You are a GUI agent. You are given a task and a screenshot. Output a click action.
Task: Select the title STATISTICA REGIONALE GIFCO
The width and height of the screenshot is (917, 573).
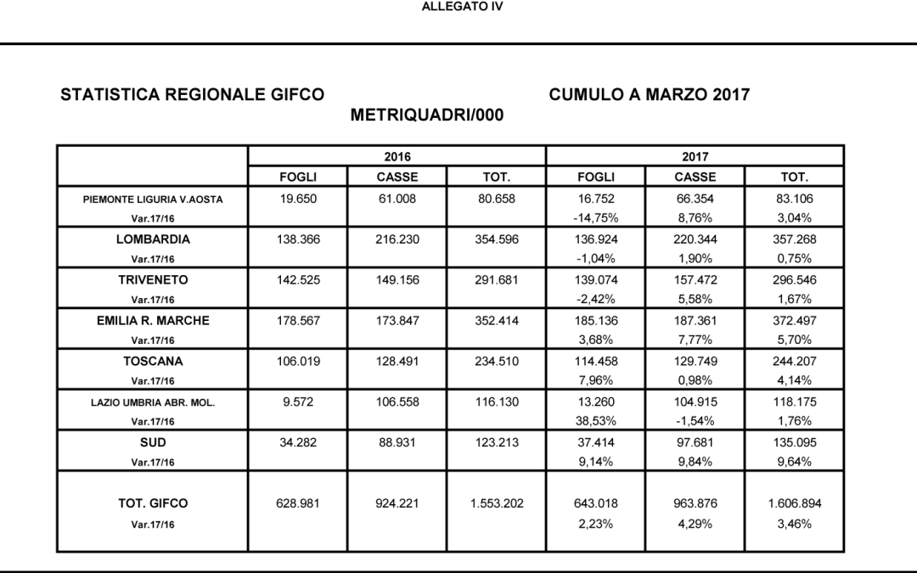(x=192, y=95)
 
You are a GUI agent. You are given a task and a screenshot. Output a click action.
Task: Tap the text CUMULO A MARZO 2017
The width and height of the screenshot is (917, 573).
(x=650, y=95)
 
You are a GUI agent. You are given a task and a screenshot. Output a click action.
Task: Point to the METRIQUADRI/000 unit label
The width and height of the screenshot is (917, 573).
(x=427, y=115)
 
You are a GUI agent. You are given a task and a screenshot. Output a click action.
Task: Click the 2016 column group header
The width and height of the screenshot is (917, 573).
(x=397, y=157)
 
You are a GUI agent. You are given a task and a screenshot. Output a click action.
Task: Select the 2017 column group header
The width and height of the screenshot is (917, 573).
(x=695, y=157)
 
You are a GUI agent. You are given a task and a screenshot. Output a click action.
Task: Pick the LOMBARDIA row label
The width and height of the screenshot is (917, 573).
(x=153, y=239)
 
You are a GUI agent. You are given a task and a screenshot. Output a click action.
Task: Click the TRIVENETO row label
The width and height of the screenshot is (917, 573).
(x=153, y=280)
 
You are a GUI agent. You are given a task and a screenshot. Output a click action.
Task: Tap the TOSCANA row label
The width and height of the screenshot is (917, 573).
(x=153, y=361)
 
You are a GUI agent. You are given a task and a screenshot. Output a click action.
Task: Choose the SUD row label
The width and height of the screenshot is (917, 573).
(x=153, y=442)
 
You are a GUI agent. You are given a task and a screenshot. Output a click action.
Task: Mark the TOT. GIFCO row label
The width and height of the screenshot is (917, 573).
(x=153, y=503)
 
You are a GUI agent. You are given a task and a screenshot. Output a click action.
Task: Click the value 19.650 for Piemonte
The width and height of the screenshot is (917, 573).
(x=297, y=199)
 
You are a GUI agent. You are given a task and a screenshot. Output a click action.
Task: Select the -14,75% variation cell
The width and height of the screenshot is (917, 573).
(x=595, y=218)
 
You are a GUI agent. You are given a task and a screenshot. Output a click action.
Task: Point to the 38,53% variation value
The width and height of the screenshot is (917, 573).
(x=595, y=422)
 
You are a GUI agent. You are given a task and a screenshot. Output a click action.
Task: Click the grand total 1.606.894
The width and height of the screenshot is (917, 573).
(x=794, y=503)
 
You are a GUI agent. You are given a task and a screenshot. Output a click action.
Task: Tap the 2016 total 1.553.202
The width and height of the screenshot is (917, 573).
(x=496, y=503)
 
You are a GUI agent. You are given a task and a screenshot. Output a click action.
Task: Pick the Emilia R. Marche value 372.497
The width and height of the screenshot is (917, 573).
(x=794, y=321)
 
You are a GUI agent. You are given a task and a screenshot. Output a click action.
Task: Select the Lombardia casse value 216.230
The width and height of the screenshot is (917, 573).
(x=397, y=239)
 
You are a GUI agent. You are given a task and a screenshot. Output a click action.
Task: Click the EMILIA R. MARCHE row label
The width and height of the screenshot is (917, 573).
(x=153, y=321)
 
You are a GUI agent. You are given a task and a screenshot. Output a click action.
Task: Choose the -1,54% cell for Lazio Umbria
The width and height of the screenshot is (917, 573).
(x=695, y=422)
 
